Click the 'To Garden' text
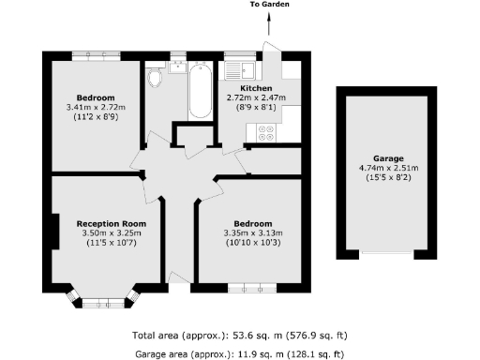(x=269, y=6)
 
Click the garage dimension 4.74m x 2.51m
(x=386, y=170)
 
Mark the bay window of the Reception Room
(x=103, y=301)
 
